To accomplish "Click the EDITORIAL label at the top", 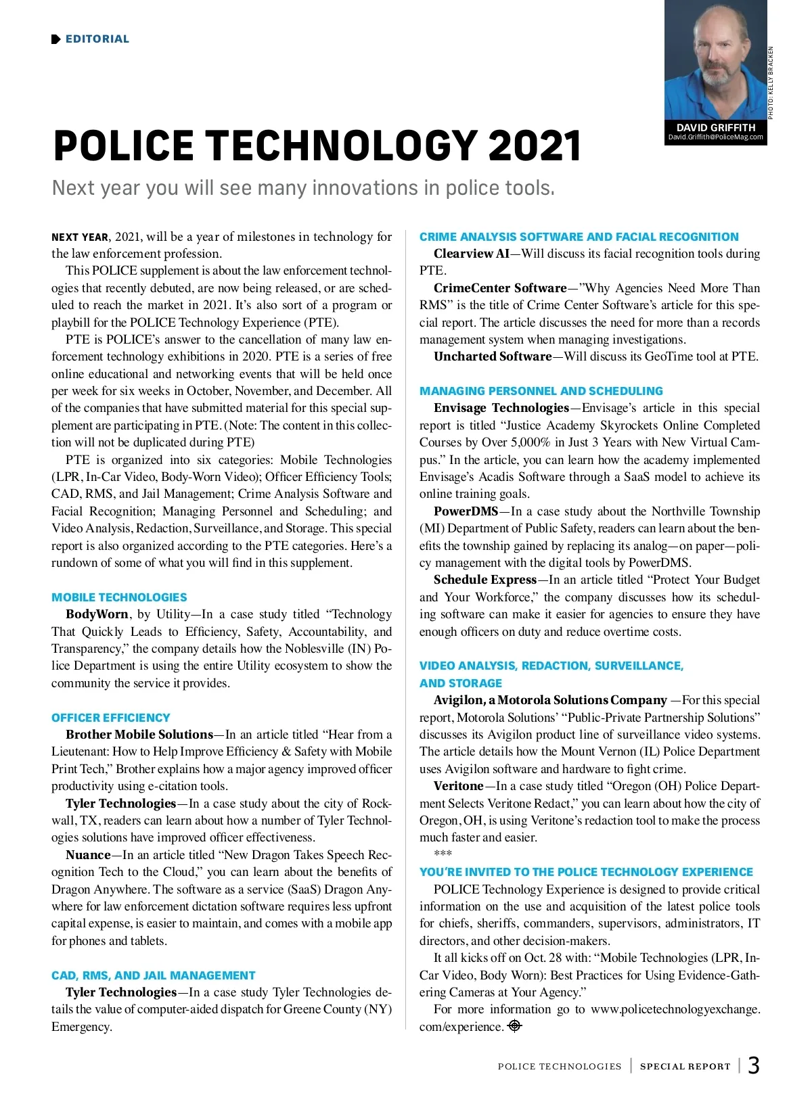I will pyautogui.click(x=97, y=39).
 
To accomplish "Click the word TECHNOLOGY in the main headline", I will pyautogui.click(x=344, y=145).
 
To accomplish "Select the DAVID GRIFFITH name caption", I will pyautogui.click(x=715, y=127).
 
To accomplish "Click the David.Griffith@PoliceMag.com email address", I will pyautogui.click(x=715, y=137).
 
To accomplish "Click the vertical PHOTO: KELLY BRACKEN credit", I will pyautogui.click(x=771, y=83).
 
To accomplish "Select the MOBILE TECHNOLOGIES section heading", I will pyautogui.click(x=119, y=597).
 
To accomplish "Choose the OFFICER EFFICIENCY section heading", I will pyautogui.click(x=111, y=718).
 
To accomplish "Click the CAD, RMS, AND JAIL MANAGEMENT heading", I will pyautogui.click(x=154, y=975).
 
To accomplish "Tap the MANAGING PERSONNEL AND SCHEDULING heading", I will pyautogui.click(x=541, y=391).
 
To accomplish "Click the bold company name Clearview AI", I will pyautogui.click(x=472, y=254).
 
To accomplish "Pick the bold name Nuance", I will pyautogui.click(x=88, y=855).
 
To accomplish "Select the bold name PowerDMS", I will pyautogui.click(x=466, y=511).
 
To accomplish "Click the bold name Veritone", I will pyautogui.click(x=459, y=786).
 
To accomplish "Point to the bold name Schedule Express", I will pyautogui.click(x=485, y=580).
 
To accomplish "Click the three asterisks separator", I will pyautogui.click(x=443, y=854).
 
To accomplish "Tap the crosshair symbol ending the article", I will pyautogui.click(x=515, y=1026).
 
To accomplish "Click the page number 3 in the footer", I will pyautogui.click(x=754, y=1066).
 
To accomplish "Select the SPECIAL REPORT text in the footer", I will pyautogui.click(x=685, y=1067).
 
